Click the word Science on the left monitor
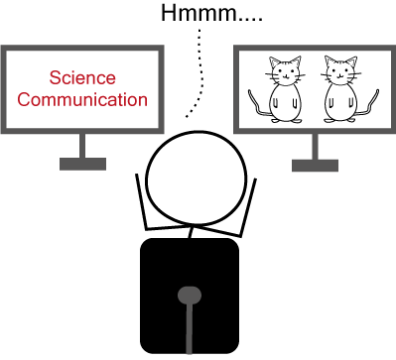(82, 78)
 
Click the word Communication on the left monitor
(82, 99)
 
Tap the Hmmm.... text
(211, 13)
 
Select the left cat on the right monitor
(277, 89)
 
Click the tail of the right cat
(368, 104)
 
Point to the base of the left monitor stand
(82, 164)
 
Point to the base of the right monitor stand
(315, 166)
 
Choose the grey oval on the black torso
(190, 296)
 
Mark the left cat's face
(285, 72)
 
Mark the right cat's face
(340, 72)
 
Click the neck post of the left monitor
(82, 146)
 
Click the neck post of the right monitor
(315, 147)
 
